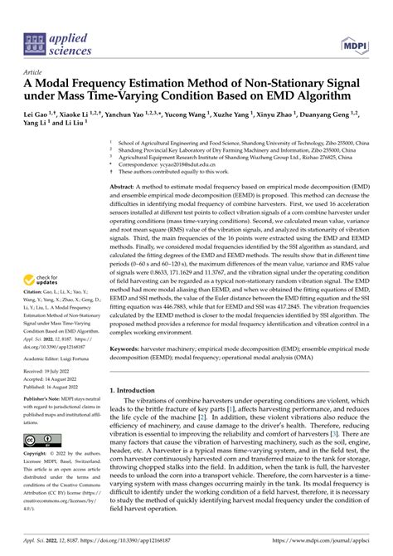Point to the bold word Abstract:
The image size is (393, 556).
tap(124, 188)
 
